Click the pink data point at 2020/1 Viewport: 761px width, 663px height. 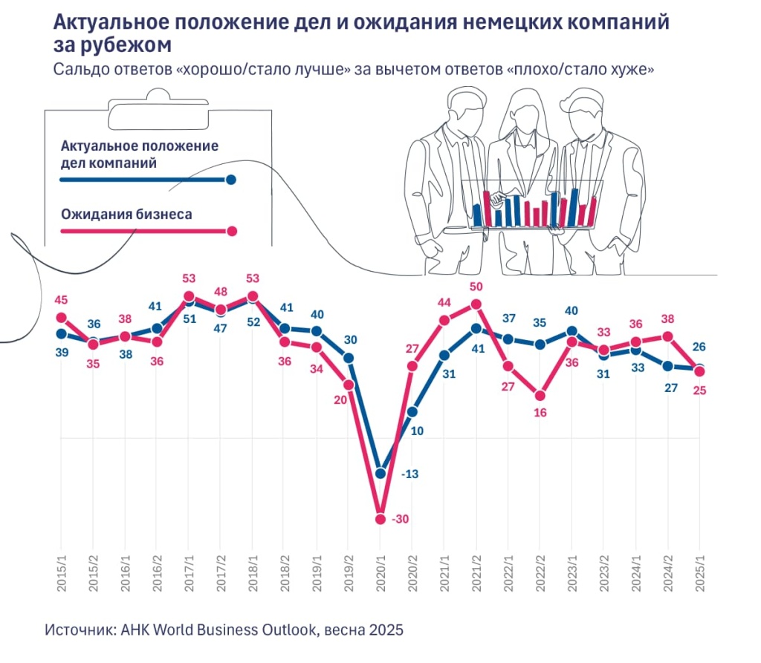coord(380,519)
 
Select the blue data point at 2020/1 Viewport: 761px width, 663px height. coord(380,473)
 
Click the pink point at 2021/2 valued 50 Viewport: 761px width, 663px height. coord(476,304)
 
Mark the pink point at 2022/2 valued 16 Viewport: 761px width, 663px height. coord(540,396)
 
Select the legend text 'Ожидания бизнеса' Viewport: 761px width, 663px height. coord(126,215)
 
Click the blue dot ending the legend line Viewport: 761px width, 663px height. coord(231,180)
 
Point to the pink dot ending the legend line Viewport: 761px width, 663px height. coord(231,231)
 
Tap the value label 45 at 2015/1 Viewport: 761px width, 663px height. coord(61,301)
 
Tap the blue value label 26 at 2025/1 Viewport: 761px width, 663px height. coord(699,347)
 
